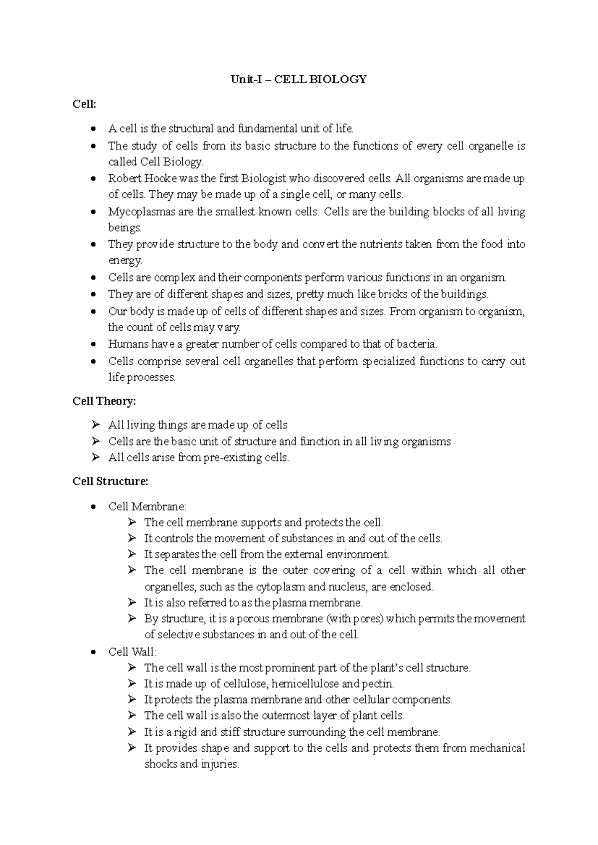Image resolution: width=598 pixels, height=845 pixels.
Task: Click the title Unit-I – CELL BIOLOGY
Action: [299, 79]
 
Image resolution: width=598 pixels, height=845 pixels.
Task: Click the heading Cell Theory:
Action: [104, 401]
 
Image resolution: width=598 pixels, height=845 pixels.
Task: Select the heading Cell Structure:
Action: [110, 482]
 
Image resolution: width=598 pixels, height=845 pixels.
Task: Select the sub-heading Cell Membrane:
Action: [147, 507]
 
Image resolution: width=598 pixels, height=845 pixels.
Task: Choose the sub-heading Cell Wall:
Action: [132, 652]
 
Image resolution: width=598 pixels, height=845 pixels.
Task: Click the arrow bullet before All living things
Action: [96, 425]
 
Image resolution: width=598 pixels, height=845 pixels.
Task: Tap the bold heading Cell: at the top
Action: [84, 104]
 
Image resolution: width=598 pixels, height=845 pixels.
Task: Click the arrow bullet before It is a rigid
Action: [132, 732]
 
